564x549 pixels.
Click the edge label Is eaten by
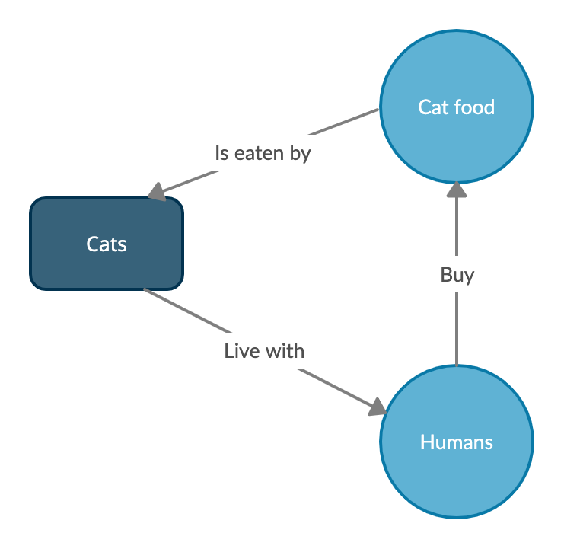pos(263,153)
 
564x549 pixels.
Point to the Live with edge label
pos(264,351)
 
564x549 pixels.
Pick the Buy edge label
pos(457,275)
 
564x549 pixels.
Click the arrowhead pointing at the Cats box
pos(158,192)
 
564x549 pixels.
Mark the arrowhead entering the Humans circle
pos(378,407)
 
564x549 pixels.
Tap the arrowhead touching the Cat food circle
pos(457,190)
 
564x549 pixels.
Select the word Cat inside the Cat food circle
pos(433,107)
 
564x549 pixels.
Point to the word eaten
pos(260,153)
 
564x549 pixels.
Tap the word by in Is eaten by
pos(301,154)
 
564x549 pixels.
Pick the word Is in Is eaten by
pos(221,153)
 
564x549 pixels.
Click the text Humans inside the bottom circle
pos(457,442)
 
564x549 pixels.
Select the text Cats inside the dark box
pos(107,244)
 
